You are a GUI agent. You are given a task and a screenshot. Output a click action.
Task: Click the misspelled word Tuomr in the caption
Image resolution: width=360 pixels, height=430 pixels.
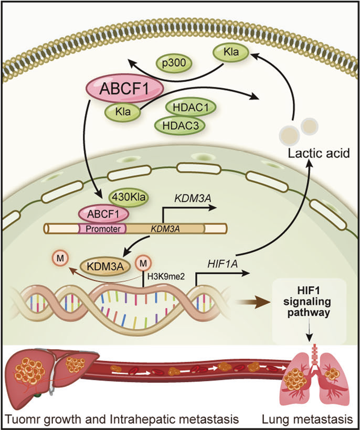[21, 418]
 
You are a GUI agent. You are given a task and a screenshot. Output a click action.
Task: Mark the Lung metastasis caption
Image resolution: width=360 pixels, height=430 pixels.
[308, 418]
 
